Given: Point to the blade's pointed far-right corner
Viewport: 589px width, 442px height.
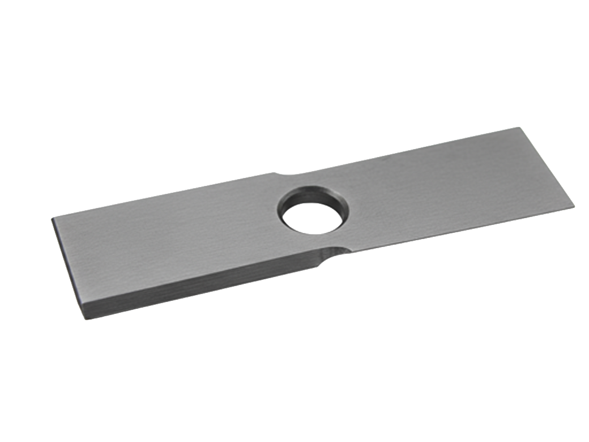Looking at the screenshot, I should (x=574, y=206).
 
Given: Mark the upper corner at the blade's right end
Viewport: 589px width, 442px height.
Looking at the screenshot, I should (x=519, y=127).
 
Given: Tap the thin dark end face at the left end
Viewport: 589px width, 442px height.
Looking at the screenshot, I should (x=68, y=266).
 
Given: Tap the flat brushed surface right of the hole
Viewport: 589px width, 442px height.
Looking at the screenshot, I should (x=453, y=187).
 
